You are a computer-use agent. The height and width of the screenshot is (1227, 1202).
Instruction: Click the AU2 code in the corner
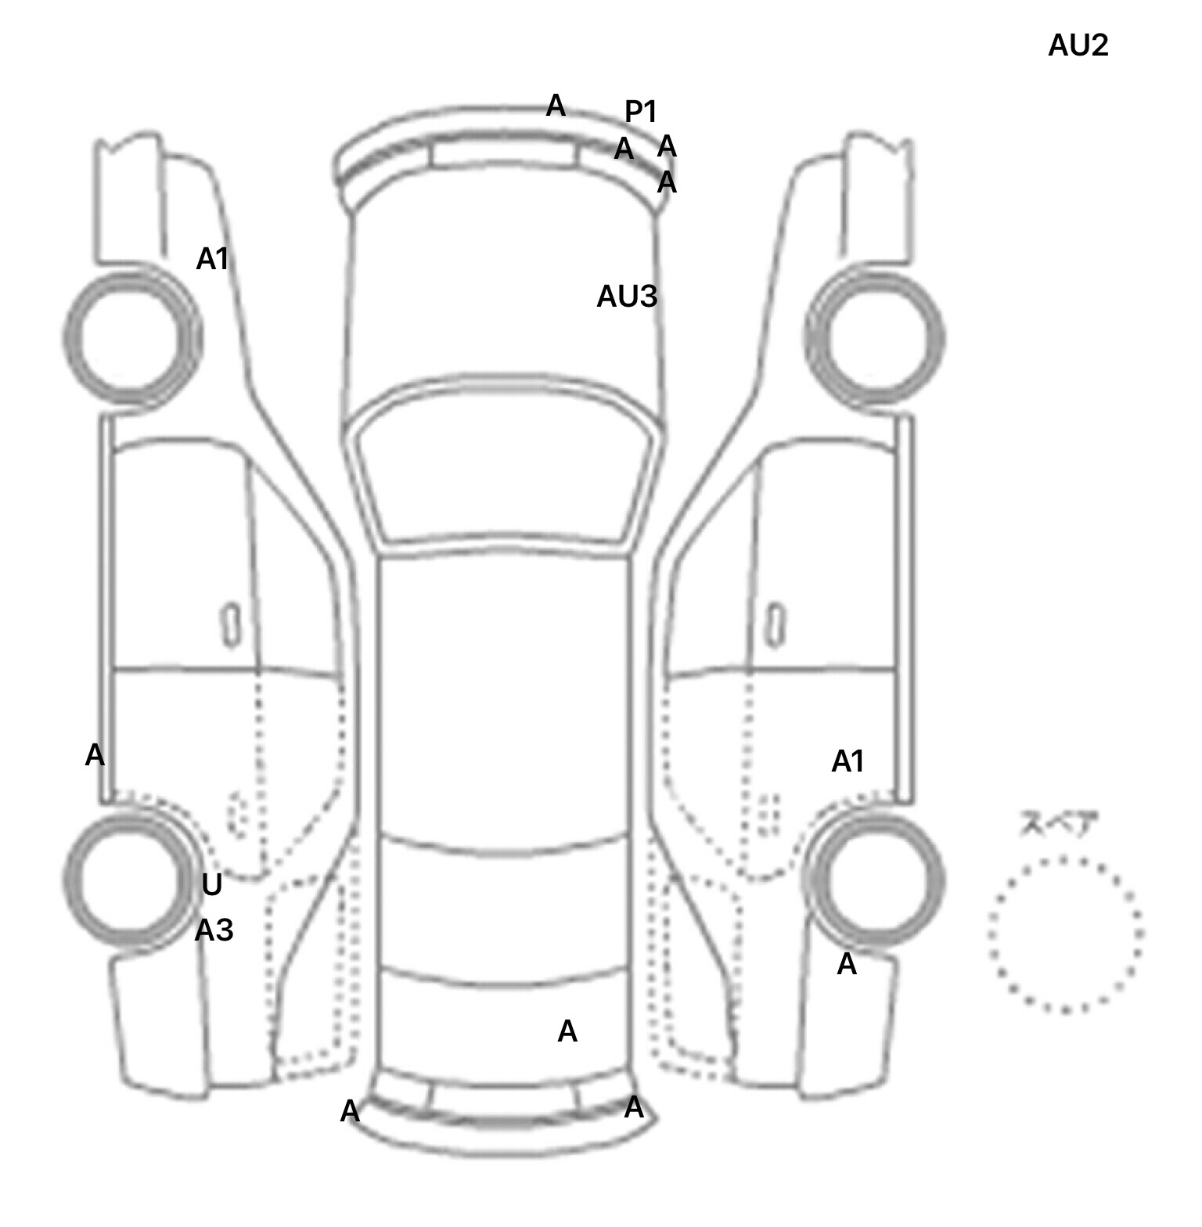click(x=1078, y=46)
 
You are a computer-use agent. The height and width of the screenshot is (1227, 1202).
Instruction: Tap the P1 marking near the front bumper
click(x=640, y=112)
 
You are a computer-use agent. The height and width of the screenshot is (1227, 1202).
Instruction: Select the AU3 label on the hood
click(x=627, y=297)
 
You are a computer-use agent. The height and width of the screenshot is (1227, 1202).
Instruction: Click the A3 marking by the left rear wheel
click(x=214, y=930)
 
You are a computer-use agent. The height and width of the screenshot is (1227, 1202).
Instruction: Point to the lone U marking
click(x=211, y=885)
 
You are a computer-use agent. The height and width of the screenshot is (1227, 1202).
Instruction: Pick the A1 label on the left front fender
click(x=212, y=259)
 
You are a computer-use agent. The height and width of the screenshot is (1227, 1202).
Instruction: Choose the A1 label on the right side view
click(x=848, y=761)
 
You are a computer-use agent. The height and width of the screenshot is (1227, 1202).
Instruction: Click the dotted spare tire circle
click(x=1064, y=934)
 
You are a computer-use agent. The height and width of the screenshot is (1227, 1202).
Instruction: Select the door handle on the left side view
click(x=231, y=624)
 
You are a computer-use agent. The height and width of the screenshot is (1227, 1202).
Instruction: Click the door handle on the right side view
click(x=775, y=624)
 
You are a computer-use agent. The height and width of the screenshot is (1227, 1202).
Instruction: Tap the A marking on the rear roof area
click(x=567, y=1032)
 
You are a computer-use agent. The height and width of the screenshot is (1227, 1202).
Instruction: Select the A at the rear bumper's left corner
click(x=350, y=1111)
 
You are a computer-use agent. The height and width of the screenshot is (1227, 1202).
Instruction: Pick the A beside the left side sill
click(x=95, y=756)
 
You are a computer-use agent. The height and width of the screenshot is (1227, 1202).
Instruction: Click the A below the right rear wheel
click(x=847, y=966)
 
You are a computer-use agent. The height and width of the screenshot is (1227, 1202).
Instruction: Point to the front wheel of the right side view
click(x=875, y=338)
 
